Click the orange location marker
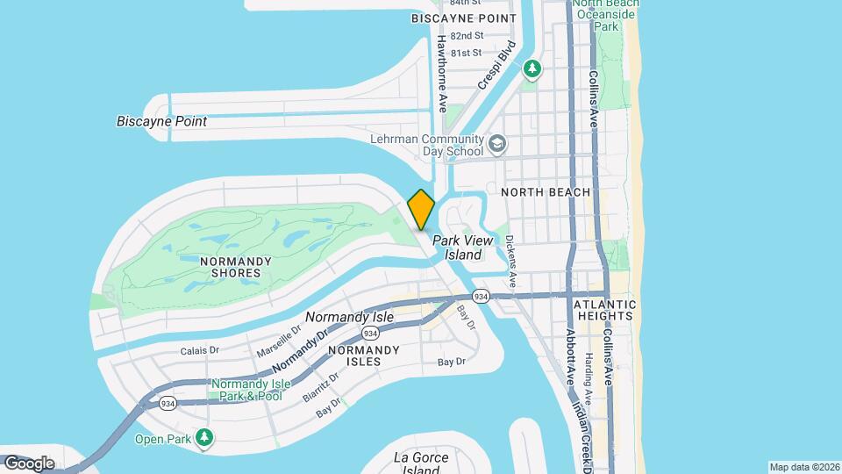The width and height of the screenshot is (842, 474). coord(421,210)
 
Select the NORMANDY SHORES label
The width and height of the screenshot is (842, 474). coord(231,267)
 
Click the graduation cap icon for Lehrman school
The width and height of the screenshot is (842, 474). coord(498,143)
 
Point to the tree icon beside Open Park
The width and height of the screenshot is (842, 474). coord(204,437)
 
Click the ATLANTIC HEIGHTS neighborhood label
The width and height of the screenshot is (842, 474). coord(603,309)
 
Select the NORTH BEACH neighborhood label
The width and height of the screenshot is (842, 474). coord(545,192)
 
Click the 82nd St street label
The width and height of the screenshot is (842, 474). coord(467,36)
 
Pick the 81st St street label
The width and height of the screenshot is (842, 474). coord(467,53)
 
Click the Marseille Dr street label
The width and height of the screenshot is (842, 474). coord(279,341)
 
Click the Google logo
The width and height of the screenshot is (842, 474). coord(29,463)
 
